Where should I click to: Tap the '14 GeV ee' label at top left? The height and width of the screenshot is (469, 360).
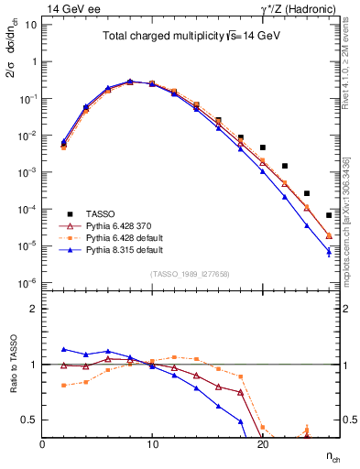[x=70, y=7]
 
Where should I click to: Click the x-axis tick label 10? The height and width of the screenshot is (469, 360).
[x=152, y=444]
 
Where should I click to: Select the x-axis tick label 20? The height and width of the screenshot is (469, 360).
[x=262, y=444]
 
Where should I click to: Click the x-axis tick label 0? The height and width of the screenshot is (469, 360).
[x=42, y=444]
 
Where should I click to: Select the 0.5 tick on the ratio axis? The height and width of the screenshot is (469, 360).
[x=30, y=420]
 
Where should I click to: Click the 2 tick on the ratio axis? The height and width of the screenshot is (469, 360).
[x=33, y=309]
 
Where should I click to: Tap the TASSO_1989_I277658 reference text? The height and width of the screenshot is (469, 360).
[x=190, y=274]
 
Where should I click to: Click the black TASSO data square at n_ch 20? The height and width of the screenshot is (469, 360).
[x=263, y=147]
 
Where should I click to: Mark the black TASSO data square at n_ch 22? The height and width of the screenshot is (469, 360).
[x=285, y=166]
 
